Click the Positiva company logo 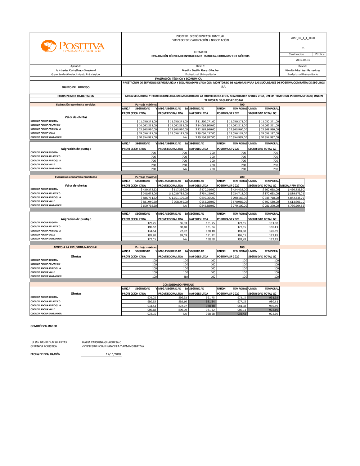73,47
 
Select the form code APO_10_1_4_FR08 303,38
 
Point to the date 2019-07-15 303,60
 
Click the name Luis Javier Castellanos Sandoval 76,70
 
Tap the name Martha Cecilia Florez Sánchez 201,70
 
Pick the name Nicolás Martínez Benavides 303,70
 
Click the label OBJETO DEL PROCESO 76,87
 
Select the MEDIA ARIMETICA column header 292,185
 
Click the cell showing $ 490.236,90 296,189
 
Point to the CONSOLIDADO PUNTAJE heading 178,284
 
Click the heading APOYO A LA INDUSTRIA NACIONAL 76,247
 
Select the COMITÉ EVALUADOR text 44,326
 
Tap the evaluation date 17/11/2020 113,354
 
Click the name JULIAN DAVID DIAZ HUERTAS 49,342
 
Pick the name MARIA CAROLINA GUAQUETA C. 102,342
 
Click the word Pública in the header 320,54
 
